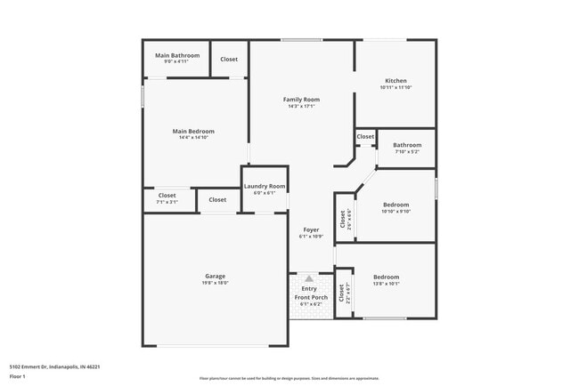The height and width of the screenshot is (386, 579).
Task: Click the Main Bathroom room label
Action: [x=177, y=55]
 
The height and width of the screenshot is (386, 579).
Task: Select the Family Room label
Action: [x=301, y=100]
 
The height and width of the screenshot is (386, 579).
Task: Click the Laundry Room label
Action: [x=265, y=186]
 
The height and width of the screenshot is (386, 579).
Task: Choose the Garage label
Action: [x=215, y=276]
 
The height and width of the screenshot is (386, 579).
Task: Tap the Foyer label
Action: [x=311, y=229]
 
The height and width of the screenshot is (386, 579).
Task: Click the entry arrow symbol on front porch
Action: [x=309, y=278]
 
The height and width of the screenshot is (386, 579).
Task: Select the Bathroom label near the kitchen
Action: [x=407, y=145]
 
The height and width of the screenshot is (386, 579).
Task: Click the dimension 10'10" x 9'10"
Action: [x=396, y=212]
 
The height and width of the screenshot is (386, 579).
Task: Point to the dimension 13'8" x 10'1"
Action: [x=387, y=285]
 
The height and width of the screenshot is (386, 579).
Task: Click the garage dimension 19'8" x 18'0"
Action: [x=215, y=284]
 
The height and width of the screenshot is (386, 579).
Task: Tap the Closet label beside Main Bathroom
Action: [x=229, y=59]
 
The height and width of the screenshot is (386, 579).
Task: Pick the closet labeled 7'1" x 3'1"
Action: [x=167, y=202]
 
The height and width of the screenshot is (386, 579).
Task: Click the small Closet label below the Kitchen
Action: [x=365, y=137]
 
